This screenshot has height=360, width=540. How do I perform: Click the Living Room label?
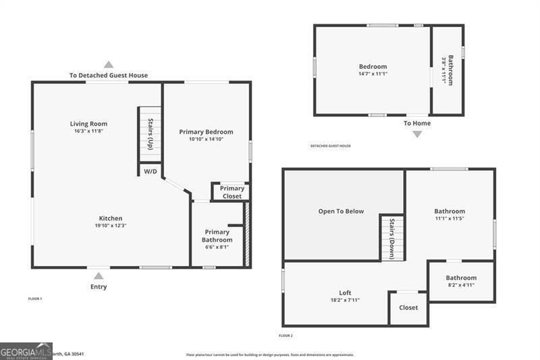88,124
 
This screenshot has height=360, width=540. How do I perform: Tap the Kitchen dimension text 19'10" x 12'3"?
111,226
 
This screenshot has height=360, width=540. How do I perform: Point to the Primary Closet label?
232,192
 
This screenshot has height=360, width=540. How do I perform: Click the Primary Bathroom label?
217,236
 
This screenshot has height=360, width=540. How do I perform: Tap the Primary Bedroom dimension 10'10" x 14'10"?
206,140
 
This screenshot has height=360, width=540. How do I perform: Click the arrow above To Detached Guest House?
109,64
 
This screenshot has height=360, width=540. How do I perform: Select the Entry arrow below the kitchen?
99,276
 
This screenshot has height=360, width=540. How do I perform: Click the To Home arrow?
417,134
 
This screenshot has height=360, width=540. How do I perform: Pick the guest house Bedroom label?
373,66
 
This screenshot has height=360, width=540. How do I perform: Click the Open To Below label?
341,211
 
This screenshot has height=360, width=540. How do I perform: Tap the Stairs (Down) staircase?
392,238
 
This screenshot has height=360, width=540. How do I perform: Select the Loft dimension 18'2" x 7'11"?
344,300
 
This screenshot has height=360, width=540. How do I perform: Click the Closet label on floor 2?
408,307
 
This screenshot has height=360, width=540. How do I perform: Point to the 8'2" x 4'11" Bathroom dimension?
461,285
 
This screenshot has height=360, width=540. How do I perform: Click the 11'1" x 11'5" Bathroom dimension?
450,219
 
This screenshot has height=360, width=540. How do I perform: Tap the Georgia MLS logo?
26,351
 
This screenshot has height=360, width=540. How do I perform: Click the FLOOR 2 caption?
286,336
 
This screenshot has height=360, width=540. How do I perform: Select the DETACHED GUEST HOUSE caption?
330,146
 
